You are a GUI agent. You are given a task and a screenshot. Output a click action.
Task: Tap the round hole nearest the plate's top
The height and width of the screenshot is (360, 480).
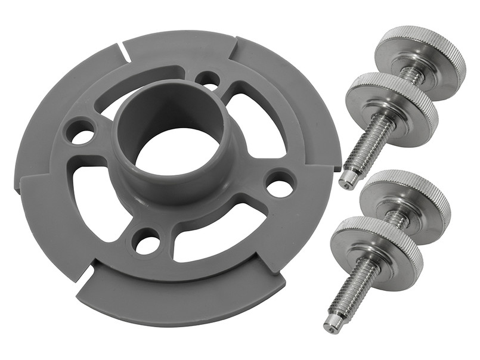click(207, 79)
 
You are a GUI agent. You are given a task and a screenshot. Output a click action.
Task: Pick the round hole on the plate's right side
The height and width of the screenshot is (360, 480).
click(279, 184)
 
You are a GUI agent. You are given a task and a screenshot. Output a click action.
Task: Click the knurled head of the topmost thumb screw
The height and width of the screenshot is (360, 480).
click(420, 54)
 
